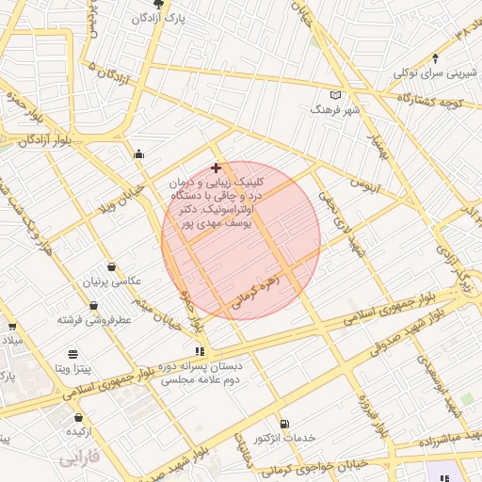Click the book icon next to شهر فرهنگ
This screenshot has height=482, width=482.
pyautogui.click(x=337, y=95)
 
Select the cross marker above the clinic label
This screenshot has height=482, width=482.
pyautogui.click(x=217, y=167)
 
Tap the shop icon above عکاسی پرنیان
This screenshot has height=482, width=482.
pyautogui.click(x=112, y=267)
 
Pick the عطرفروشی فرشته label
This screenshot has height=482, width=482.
pyautogui.click(x=94, y=320)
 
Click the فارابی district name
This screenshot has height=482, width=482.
pyautogui.click(x=78, y=459)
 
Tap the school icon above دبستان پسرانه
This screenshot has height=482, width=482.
pyautogui.click(x=198, y=351)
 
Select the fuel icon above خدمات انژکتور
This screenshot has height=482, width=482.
pyautogui.click(x=284, y=425)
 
